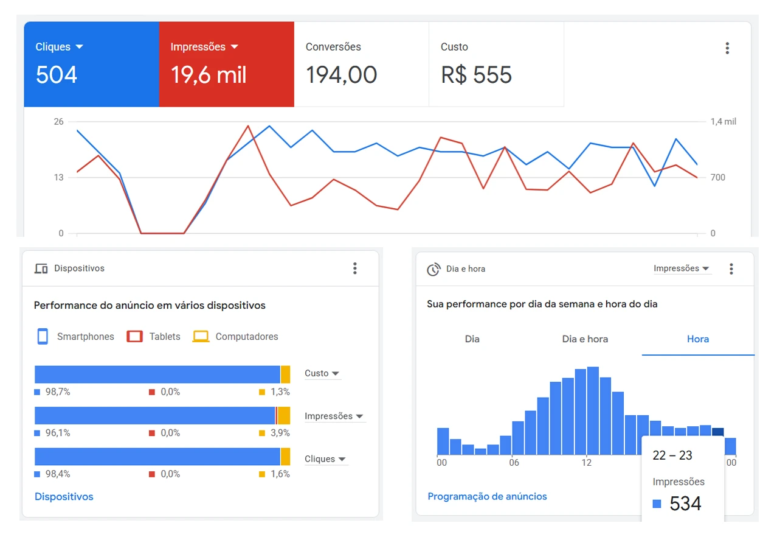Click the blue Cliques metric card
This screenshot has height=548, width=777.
91,64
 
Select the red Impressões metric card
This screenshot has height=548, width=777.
226,64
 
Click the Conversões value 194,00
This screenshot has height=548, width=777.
341,75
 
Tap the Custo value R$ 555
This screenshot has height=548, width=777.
476,75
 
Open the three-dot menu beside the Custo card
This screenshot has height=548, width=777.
727,49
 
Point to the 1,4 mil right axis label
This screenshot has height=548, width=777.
723,122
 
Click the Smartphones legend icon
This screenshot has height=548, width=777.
43,337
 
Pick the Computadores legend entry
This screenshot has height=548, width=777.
236,337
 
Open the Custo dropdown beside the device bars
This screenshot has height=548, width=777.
322,373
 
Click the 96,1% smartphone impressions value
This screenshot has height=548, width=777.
58,433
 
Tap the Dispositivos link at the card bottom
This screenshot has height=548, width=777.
64,497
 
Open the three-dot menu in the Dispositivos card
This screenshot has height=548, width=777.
355,269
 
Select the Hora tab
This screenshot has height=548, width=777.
697,339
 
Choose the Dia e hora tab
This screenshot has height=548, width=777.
585,339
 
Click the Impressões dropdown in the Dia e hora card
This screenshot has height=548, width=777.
682,269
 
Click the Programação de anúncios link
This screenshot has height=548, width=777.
487,497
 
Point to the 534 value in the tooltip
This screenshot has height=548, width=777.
685,504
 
